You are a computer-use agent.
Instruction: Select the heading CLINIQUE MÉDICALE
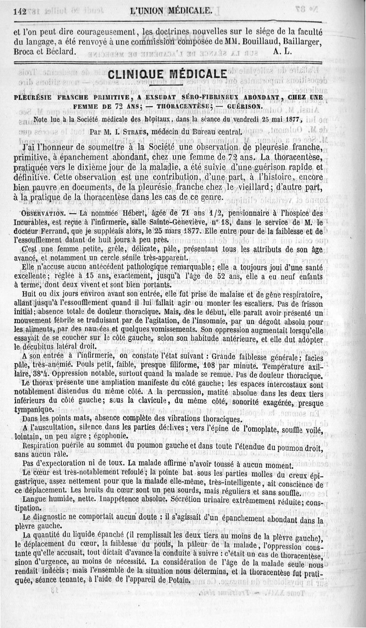pyautogui.click(x=166, y=75)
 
